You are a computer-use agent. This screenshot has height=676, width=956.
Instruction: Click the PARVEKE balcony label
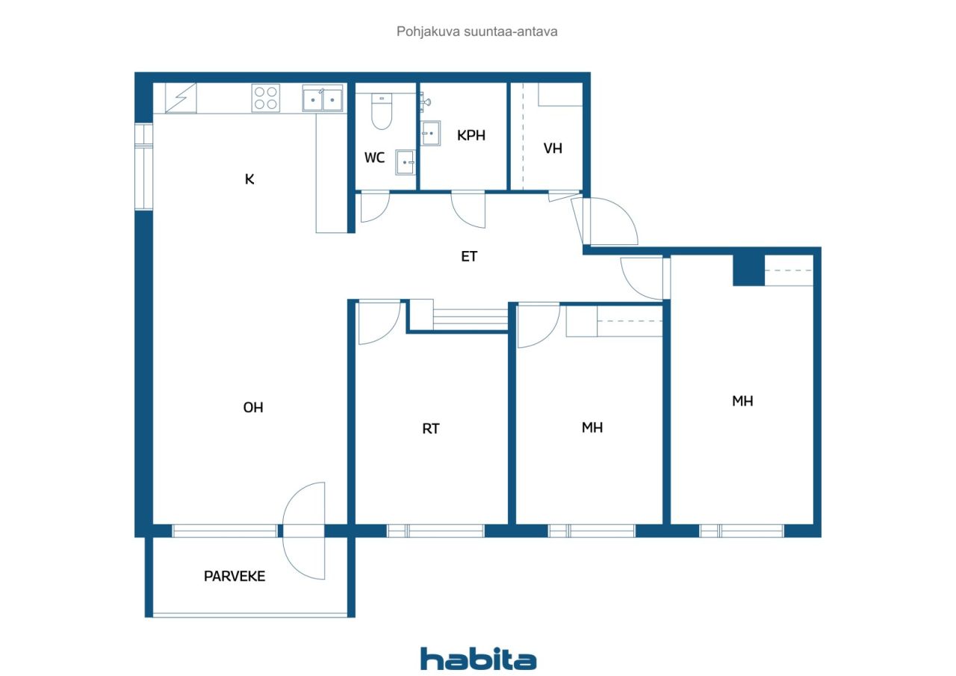point(235,576)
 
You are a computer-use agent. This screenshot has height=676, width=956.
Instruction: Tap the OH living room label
point(253,408)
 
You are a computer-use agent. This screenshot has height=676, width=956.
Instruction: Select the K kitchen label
point(249,179)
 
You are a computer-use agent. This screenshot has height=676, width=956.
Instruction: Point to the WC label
point(374,158)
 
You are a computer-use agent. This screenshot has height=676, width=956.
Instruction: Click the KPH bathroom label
point(471,135)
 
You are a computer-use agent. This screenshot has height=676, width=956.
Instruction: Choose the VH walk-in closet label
point(553,149)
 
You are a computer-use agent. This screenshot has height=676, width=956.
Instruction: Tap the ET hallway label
point(469,256)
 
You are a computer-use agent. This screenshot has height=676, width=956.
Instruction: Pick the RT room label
point(431,429)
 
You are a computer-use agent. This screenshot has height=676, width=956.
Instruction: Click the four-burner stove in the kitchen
point(265,98)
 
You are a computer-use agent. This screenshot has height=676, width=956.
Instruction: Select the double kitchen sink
point(323,98)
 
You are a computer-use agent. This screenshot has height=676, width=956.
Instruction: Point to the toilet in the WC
point(382,111)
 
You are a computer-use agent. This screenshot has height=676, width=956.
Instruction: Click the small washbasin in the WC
point(405,162)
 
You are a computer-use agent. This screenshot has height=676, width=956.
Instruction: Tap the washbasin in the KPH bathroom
point(430,133)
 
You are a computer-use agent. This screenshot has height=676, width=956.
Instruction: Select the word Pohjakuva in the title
point(428,31)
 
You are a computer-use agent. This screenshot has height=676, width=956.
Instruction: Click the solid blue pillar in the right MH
point(748,270)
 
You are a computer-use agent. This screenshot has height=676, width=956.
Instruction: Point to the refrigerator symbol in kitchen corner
point(181,98)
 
